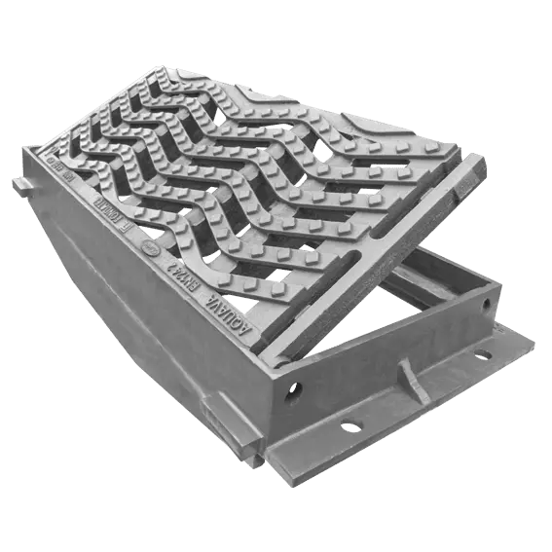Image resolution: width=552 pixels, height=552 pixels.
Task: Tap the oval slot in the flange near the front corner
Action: (x=350, y=424)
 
